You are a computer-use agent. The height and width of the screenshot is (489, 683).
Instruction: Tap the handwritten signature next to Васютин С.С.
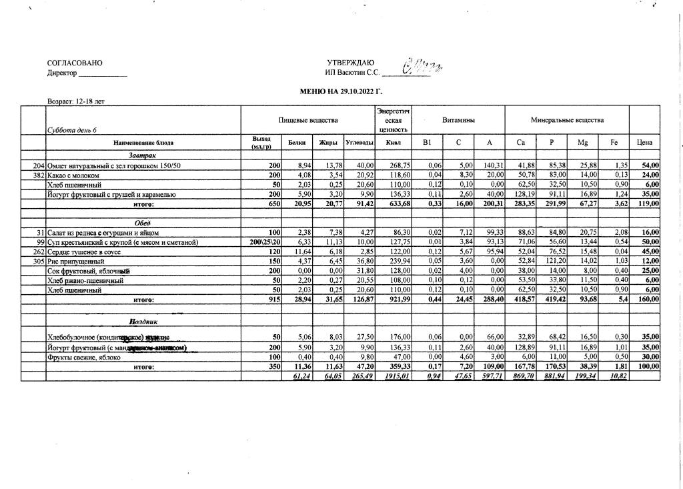422,68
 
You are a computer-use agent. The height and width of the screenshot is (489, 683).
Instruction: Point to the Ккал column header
393,142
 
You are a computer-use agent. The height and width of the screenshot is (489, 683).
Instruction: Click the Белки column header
297,143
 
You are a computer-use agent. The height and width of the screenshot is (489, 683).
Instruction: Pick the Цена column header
644,142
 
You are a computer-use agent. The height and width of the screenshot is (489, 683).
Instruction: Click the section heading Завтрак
143,155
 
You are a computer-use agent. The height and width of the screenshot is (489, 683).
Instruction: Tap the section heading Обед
143,223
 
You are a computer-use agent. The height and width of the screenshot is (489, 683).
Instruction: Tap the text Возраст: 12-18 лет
76,102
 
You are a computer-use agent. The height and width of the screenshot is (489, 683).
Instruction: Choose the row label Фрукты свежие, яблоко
83,357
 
